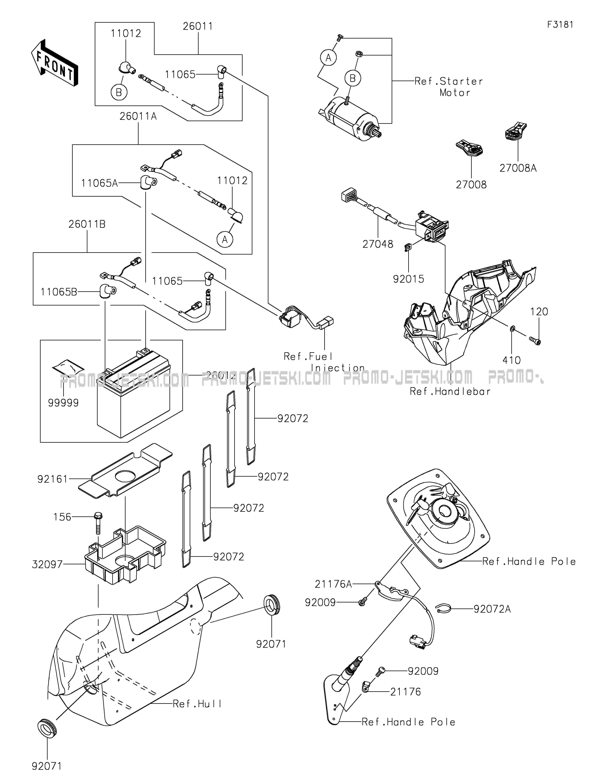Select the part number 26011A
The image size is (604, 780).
tap(138, 116)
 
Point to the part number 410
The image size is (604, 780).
tap(512, 360)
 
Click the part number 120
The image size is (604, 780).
tap(539, 312)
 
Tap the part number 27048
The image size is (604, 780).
tap(377, 244)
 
